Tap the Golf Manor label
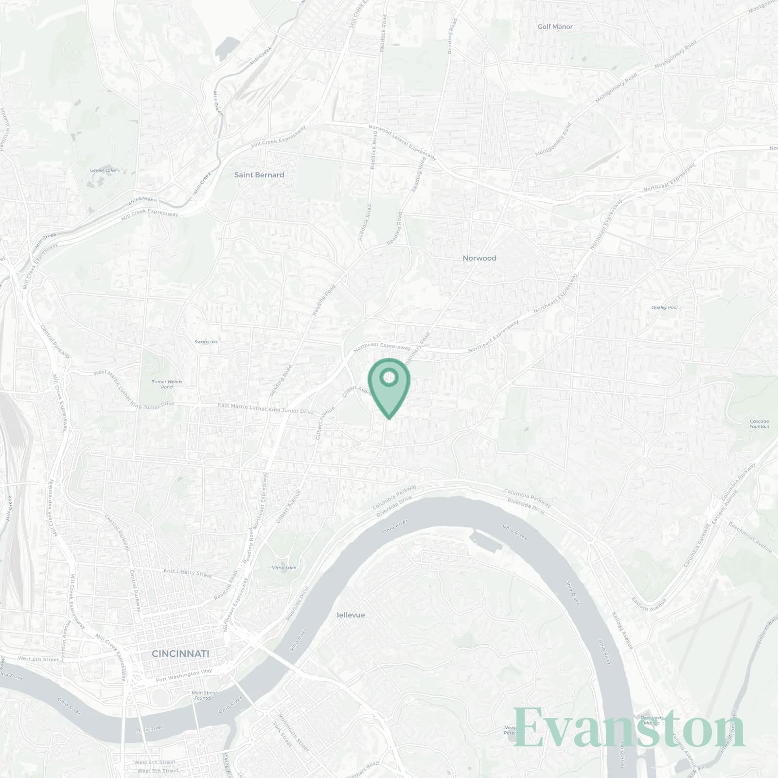pos(555,27)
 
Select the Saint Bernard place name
pos(259,175)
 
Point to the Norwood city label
pos(479,258)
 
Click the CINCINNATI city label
pos(180,654)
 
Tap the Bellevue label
pos(351,615)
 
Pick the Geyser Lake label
pos(103,171)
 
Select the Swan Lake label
pos(206,342)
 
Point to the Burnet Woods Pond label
pos(167,384)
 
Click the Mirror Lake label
pos(284,567)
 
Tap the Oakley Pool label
pos(664,307)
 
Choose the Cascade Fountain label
pos(759,424)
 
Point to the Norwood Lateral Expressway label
pos(403,142)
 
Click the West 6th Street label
pos(38,659)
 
